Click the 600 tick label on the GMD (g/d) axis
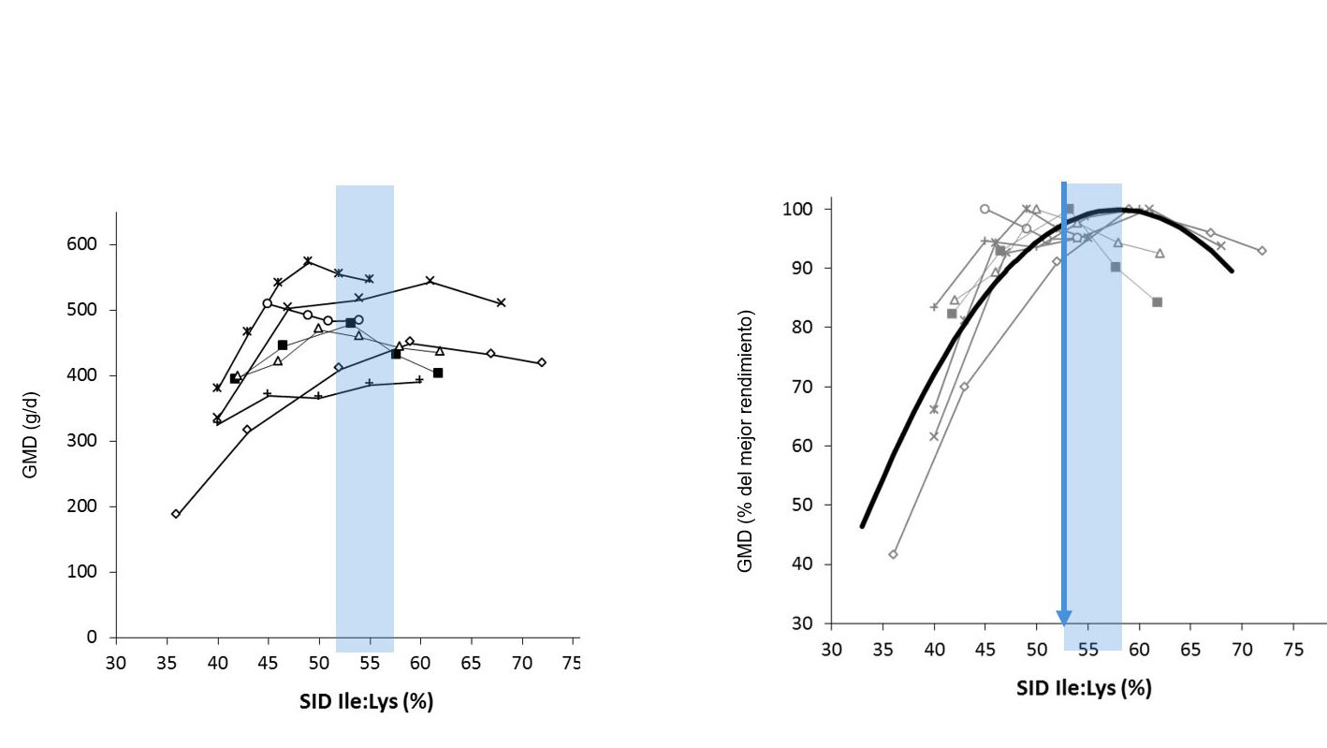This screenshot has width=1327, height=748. (x=85, y=244)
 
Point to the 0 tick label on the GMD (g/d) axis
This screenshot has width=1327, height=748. (x=92, y=638)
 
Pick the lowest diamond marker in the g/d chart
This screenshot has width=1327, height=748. (x=176, y=514)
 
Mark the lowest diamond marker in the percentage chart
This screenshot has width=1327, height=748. (x=893, y=554)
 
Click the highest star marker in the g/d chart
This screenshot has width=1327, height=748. (x=308, y=260)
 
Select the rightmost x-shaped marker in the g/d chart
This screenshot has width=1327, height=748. (x=502, y=302)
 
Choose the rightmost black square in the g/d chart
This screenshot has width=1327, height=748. (x=438, y=373)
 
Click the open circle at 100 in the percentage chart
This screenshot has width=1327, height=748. (x=984, y=209)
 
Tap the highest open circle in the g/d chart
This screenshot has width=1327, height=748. (x=268, y=303)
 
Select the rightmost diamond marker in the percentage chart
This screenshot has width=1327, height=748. (x=1261, y=250)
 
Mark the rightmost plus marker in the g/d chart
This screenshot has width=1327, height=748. (x=419, y=379)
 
